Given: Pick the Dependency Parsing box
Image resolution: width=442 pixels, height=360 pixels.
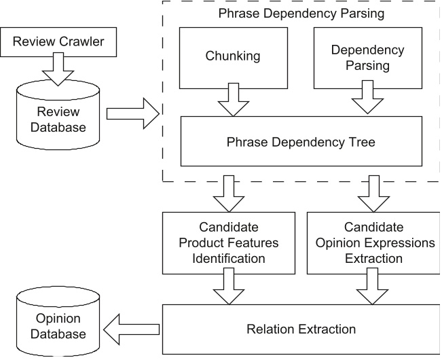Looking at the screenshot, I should click(363, 58).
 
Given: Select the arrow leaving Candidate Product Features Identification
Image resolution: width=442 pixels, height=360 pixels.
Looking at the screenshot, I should click(229, 285).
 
